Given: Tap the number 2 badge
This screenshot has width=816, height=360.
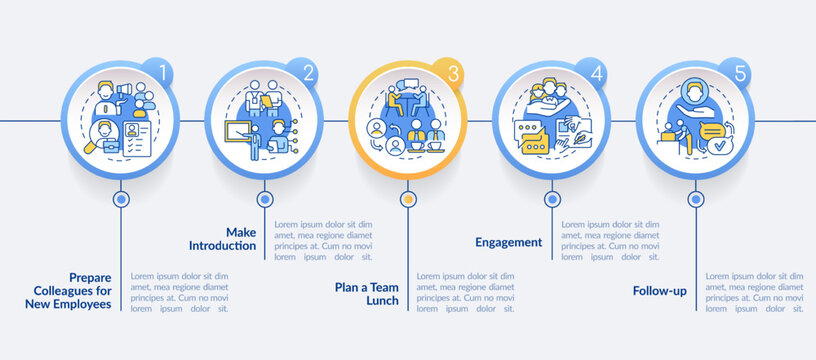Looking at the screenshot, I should click(x=303, y=74).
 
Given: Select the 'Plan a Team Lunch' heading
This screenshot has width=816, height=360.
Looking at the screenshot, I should click(x=366, y=294).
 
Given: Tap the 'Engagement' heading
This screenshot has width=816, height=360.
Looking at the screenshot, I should click(x=510, y=242).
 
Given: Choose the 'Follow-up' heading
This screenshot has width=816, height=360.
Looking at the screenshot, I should click(x=659, y=291).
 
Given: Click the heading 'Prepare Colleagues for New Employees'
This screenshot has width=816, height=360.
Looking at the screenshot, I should click(x=82, y=291).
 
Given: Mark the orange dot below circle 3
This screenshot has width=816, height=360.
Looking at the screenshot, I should click(x=407, y=199).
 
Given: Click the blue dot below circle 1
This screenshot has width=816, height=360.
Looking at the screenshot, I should click(x=121, y=199).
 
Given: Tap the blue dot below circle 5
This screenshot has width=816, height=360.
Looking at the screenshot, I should click(x=695, y=199).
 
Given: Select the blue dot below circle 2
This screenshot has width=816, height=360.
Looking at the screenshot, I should click(x=264, y=199).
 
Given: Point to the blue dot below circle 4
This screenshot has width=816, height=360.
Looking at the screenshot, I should click(x=552, y=199).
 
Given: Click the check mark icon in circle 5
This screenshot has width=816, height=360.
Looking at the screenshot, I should click(x=716, y=147).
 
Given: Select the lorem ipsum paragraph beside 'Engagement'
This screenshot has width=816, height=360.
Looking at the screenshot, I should click(x=610, y=241).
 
